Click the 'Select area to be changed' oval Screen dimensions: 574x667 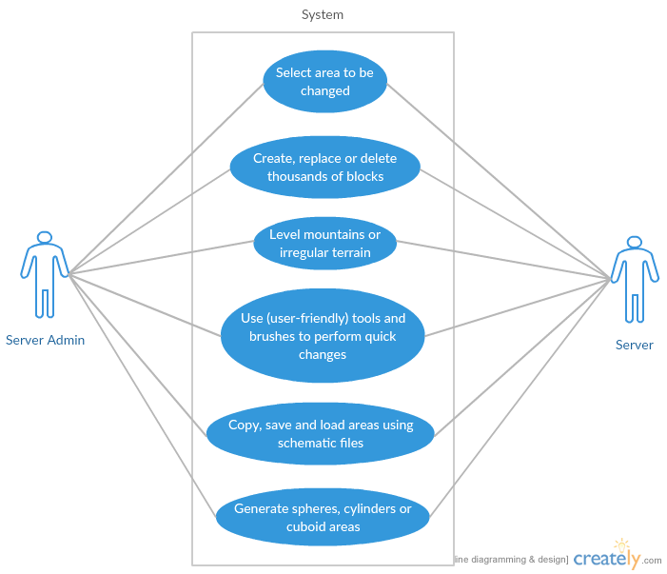[325, 82]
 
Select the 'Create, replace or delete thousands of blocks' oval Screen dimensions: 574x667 [325, 167]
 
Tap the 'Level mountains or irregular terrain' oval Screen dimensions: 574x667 [325, 244]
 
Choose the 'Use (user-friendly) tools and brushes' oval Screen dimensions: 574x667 [323, 336]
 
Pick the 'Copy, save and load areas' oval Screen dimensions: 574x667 [321, 433]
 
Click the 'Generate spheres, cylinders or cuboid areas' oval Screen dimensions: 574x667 [323, 517]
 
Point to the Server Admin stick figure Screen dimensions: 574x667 [43, 276]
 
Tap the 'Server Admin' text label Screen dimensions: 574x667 [46, 340]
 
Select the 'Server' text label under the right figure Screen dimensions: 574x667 [635, 345]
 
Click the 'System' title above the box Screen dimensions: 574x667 [323, 14]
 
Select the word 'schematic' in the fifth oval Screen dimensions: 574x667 [308, 443]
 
